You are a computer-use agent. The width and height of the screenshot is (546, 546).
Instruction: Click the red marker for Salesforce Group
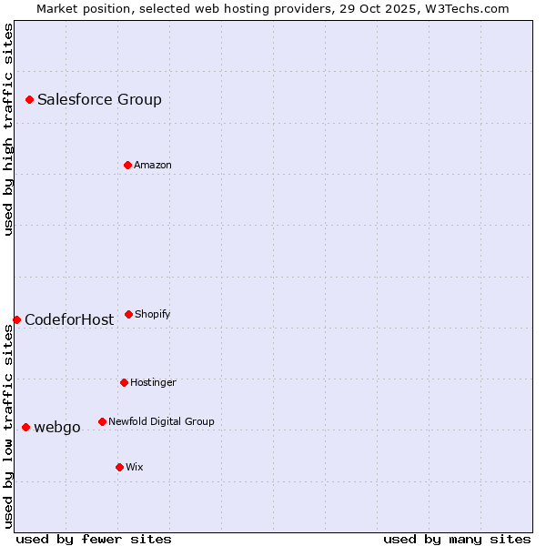click(x=29, y=99)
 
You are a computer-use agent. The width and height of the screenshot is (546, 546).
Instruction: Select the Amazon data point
click(x=127, y=165)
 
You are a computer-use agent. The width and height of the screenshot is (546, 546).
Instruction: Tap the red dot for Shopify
click(x=128, y=314)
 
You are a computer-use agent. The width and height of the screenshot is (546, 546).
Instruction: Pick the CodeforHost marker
click(x=16, y=319)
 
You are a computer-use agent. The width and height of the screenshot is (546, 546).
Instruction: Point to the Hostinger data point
click(x=124, y=382)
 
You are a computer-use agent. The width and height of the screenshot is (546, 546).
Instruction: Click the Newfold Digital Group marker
click(x=102, y=421)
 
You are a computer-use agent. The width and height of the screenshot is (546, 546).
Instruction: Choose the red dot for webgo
click(x=25, y=427)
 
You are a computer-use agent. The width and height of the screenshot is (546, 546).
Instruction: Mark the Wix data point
click(x=119, y=467)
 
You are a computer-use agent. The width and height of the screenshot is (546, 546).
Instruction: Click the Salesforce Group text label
click(x=99, y=100)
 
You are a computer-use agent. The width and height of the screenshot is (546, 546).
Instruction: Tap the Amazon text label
click(x=153, y=165)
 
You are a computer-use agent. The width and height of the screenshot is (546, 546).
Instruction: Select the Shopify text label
click(x=153, y=314)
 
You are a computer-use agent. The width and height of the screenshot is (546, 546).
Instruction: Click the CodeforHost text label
click(x=69, y=320)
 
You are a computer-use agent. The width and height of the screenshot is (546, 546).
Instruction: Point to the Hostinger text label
click(x=153, y=382)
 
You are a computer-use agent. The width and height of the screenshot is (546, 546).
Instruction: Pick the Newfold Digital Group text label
click(x=161, y=421)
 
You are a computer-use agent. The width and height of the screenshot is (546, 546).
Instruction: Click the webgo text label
click(x=57, y=428)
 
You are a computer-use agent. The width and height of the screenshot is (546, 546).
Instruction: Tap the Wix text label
click(x=135, y=467)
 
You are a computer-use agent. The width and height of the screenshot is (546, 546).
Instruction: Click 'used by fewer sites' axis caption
click(x=94, y=539)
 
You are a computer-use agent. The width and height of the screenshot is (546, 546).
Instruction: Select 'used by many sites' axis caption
click(x=457, y=539)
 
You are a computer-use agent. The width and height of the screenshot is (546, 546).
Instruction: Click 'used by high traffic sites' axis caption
click(x=9, y=130)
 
